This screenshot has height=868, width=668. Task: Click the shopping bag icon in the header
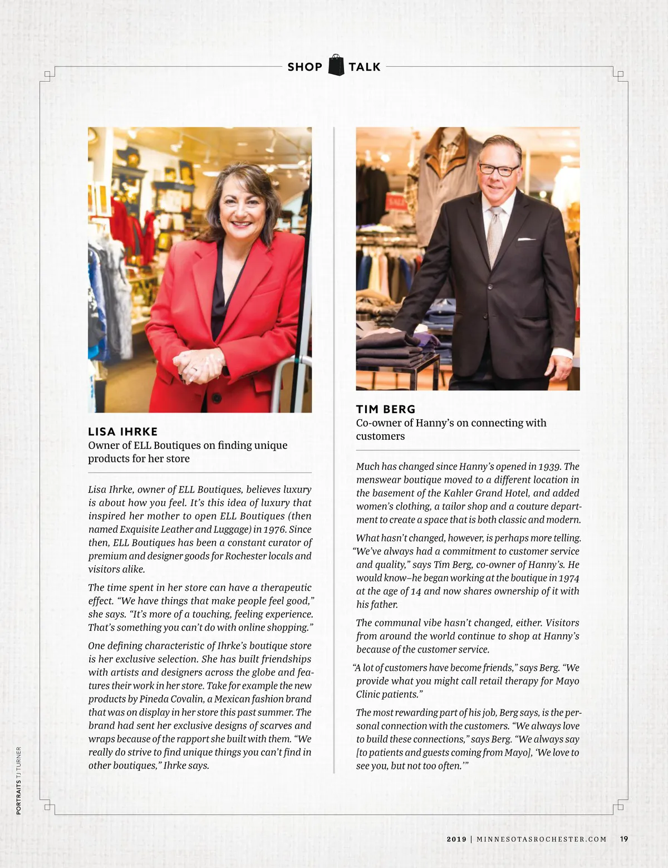336,66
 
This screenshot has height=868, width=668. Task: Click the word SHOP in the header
304,67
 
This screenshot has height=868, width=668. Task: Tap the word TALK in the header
365,67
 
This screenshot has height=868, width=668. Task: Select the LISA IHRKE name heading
122,431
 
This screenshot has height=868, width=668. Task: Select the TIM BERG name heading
386,409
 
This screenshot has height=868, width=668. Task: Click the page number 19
624,838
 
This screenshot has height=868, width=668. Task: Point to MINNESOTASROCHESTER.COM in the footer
542,839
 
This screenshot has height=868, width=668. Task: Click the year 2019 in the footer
456,839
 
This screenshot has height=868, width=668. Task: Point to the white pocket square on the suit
526,239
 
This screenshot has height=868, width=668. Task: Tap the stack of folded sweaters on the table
390,348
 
